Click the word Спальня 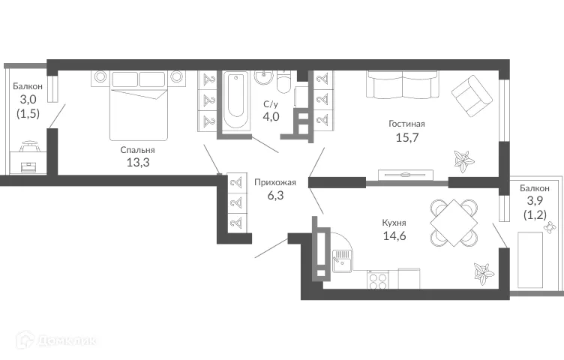(x=137, y=150)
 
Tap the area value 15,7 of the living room (x=406, y=136)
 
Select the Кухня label (x=394, y=223)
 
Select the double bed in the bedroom (x=140, y=105)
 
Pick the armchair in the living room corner (x=471, y=96)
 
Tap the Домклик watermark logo (x=52, y=343)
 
